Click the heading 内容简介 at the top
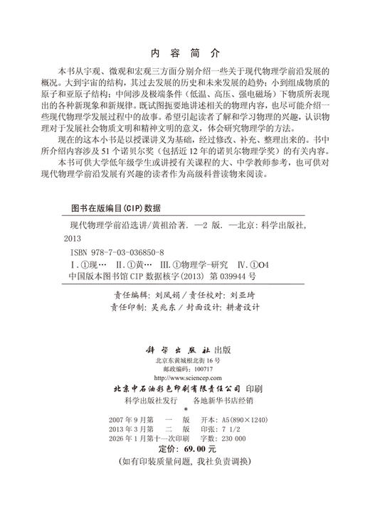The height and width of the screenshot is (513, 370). [x=185, y=53]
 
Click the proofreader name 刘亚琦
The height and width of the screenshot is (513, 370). [x=243, y=293]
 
